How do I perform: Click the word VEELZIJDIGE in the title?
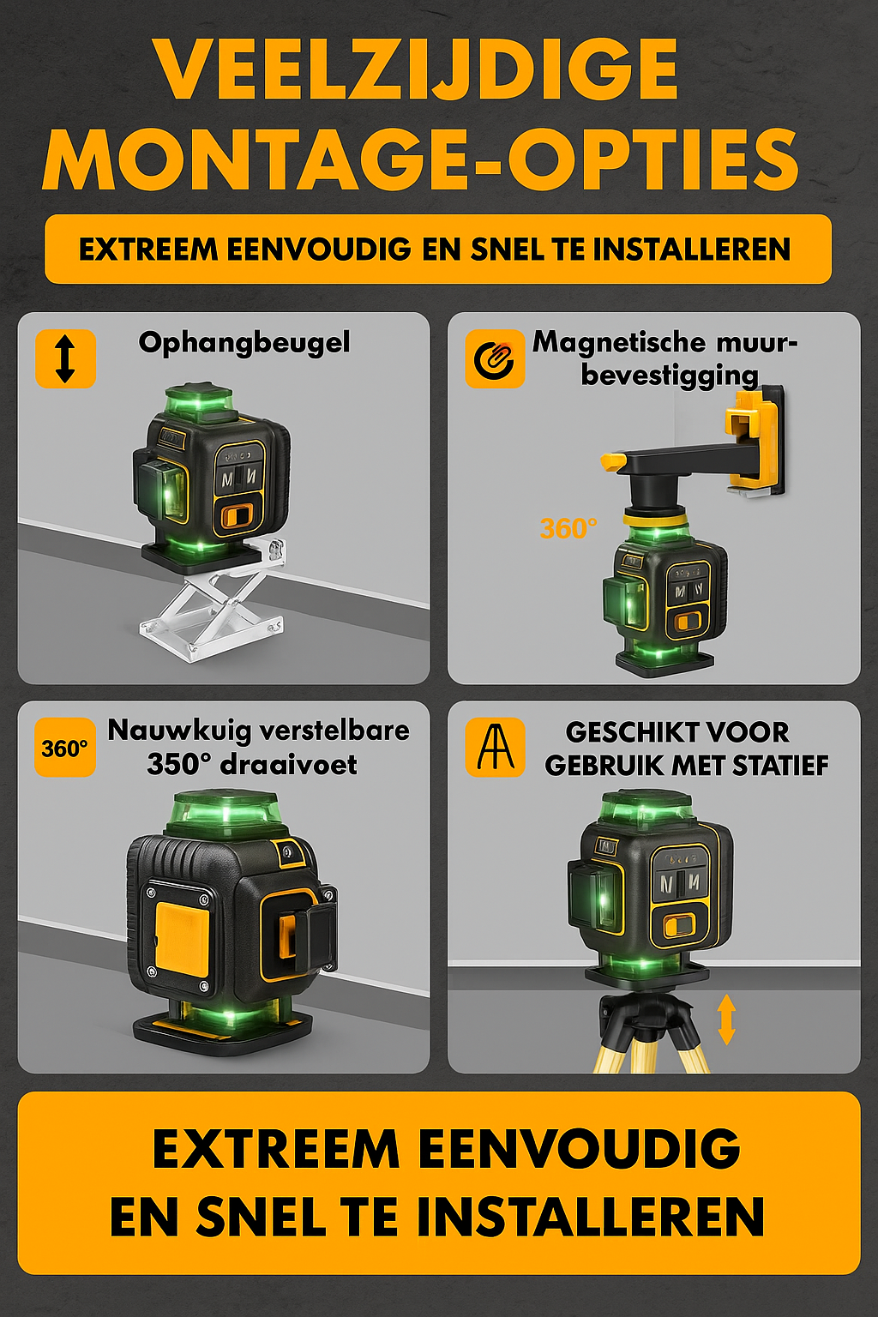click(x=418, y=70)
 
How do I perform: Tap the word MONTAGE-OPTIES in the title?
click(x=420, y=160)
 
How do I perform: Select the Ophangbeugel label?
click(x=244, y=343)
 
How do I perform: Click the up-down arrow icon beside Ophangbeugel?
click(x=65, y=358)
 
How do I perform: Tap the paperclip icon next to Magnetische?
click(x=495, y=358)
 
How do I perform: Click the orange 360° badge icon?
click(x=65, y=749)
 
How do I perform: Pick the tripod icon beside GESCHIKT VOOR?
click(x=495, y=748)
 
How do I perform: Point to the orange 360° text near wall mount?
click(x=568, y=528)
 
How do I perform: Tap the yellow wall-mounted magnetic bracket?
click(x=752, y=442)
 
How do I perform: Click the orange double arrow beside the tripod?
click(x=726, y=1019)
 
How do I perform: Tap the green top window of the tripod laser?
click(x=647, y=809)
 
